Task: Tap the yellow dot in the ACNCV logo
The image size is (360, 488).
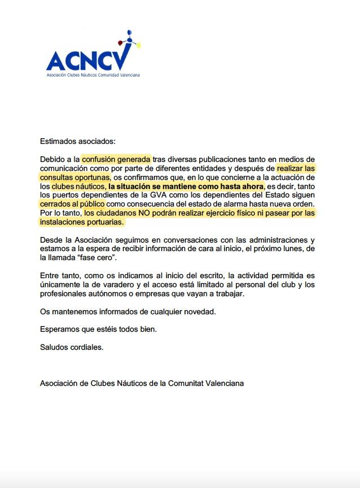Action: click(139, 45)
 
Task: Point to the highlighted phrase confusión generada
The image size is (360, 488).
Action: click(116, 159)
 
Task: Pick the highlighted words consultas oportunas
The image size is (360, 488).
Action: click(74, 177)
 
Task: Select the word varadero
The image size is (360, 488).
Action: click(139, 285)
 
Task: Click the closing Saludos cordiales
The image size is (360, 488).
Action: click(72, 347)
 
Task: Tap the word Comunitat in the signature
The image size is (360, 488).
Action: click(189, 383)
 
